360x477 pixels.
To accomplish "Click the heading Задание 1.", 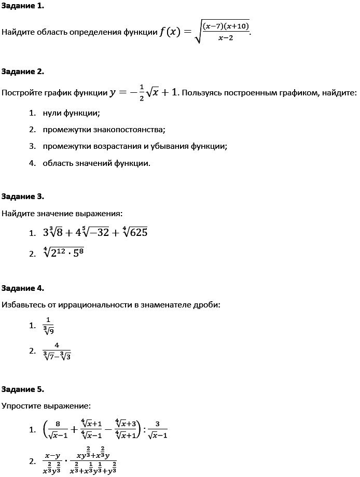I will pos(23,6).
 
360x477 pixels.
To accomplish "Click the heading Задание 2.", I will pos(23,71).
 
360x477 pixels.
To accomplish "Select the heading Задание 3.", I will pos(23,196).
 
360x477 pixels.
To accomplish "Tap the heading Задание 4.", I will pos(23,288).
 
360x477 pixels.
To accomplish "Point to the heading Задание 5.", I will pos(23,389).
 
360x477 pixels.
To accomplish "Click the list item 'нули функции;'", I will pos(72,113).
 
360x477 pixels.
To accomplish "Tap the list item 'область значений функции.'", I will pos(96,163).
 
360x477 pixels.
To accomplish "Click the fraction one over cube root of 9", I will pos(48,326).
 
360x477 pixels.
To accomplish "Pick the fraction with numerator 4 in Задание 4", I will pos(57,350).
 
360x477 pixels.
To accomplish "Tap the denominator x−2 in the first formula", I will pos(226,38).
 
